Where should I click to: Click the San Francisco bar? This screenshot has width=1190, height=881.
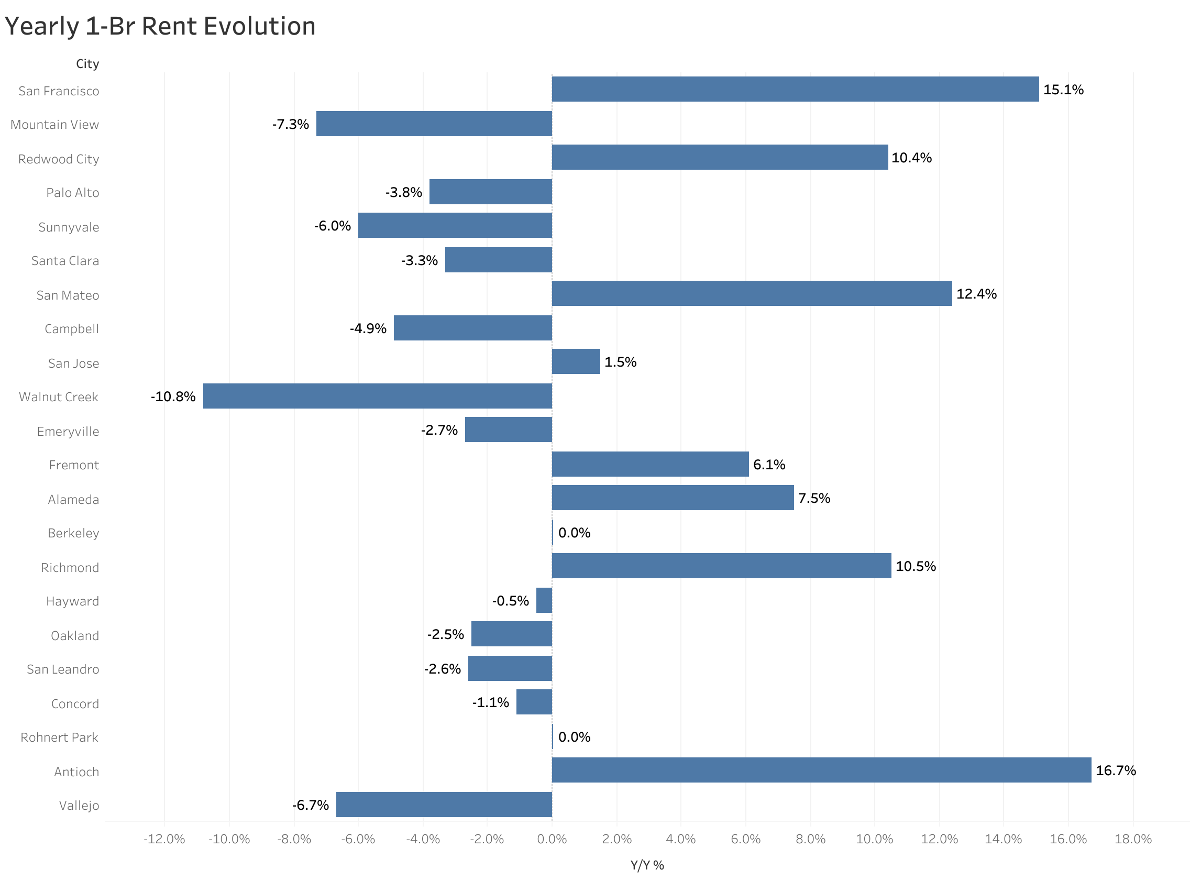click(795, 89)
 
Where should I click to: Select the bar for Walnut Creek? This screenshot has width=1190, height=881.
click(377, 395)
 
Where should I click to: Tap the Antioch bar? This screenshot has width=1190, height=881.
click(821, 769)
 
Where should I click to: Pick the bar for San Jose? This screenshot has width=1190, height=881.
click(575, 361)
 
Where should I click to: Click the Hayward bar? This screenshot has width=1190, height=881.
click(543, 600)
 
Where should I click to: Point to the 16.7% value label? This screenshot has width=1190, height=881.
click(1115, 770)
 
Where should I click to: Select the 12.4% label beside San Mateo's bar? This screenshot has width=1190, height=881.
click(976, 293)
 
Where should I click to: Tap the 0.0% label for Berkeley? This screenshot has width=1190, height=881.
click(574, 532)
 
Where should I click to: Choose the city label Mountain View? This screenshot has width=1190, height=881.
click(54, 124)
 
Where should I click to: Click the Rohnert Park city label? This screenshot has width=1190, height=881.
click(59, 737)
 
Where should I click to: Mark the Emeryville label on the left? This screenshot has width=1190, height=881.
click(68, 431)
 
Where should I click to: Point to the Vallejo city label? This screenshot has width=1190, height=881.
click(79, 805)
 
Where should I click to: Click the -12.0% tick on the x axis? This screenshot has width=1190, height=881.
click(164, 839)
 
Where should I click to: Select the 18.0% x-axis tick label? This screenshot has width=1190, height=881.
click(1132, 839)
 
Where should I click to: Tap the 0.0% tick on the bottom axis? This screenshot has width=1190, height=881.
click(552, 839)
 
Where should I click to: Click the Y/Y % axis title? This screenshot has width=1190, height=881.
click(647, 865)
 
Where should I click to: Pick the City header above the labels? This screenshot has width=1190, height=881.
click(87, 64)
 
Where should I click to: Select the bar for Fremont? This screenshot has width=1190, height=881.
click(649, 464)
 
